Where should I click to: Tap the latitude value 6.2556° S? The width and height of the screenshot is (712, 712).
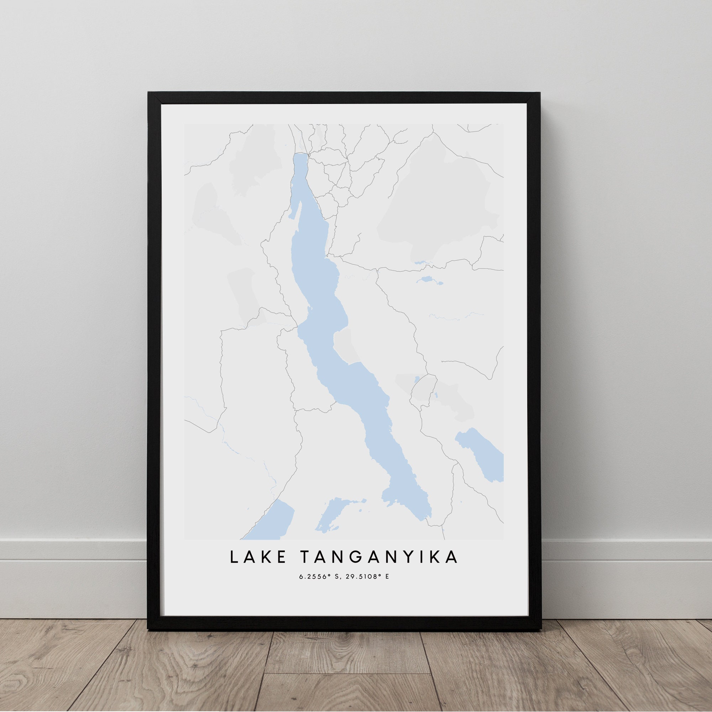point(318,587)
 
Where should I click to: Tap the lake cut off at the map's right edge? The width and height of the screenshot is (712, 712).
point(481,455)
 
